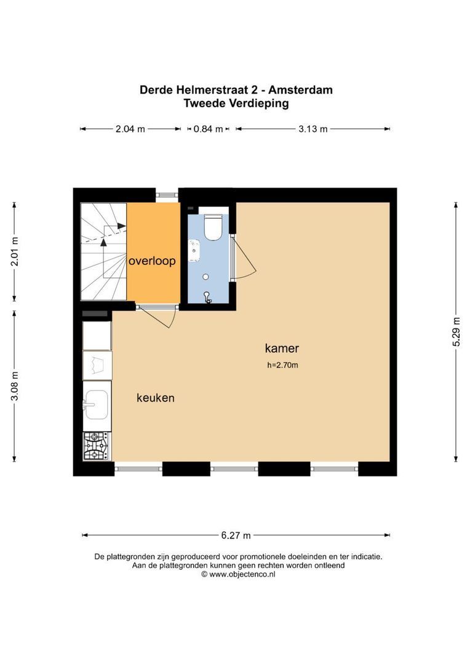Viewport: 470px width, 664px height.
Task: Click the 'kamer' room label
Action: [282, 348]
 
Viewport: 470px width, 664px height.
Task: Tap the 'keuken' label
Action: [156, 398]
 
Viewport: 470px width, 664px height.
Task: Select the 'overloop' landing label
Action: [152, 261]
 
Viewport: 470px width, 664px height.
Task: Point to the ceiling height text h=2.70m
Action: [282, 365]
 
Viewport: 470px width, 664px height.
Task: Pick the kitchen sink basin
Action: [97, 405]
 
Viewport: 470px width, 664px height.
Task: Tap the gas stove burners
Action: [97, 446]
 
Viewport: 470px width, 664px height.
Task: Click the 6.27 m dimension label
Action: [236, 536]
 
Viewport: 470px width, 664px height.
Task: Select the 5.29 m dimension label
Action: [456, 331]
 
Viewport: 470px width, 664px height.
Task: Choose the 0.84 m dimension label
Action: [208, 128]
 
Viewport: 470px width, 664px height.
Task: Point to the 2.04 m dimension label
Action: [130, 128]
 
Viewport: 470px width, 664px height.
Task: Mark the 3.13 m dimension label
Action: [313, 128]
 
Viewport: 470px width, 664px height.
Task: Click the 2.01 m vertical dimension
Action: [14, 251]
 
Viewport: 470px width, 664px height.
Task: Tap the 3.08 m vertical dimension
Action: [14, 385]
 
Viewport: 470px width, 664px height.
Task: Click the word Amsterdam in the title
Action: [300, 90]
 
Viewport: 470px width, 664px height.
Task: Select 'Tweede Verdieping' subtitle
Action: [236, 103]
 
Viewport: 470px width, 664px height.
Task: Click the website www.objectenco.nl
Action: [242, 574]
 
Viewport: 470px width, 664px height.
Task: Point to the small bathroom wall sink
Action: [194, 250]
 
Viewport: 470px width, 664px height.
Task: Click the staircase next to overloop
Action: [103, 251]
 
